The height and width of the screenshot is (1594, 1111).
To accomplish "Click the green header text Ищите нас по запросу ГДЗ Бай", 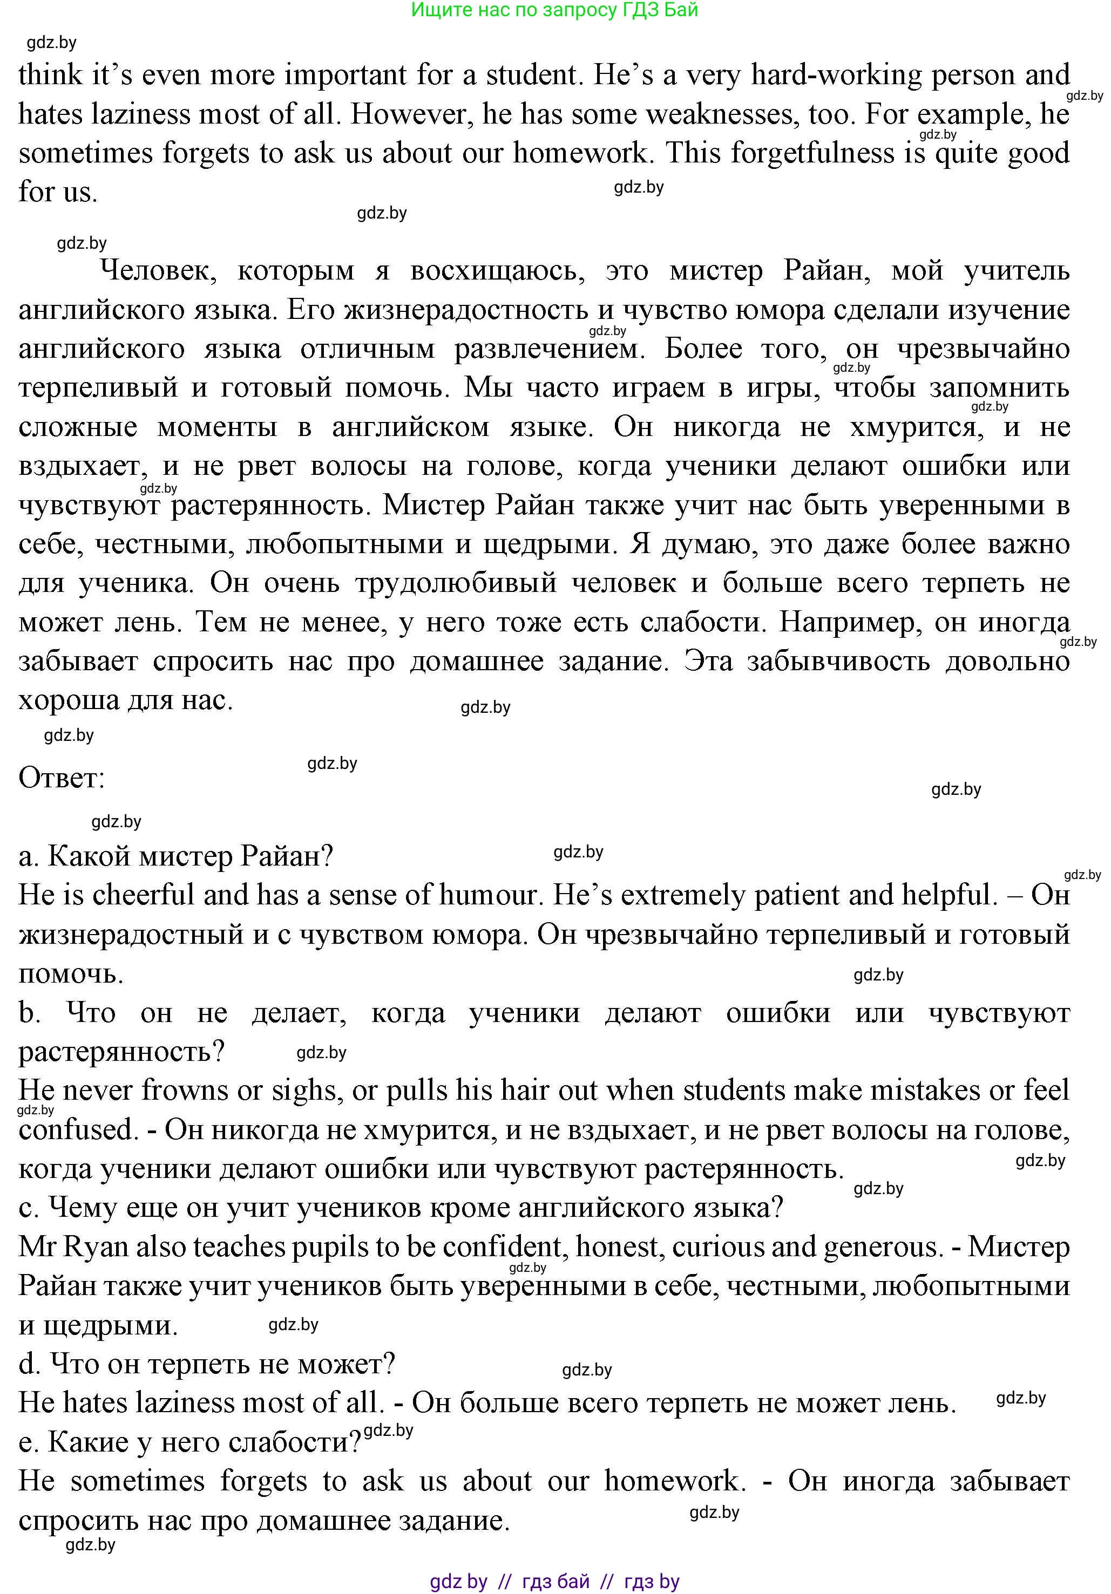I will coord(554,10).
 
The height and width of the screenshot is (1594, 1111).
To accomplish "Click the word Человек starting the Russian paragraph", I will coord(158,270).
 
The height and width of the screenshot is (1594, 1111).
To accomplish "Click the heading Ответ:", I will coord(61,778).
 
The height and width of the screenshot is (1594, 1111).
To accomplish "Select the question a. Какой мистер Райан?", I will coord(175,857).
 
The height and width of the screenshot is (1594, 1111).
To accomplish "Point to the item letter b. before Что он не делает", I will coord(29,1013).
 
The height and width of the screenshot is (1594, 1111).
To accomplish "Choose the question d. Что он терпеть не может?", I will coord(206,1364).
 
